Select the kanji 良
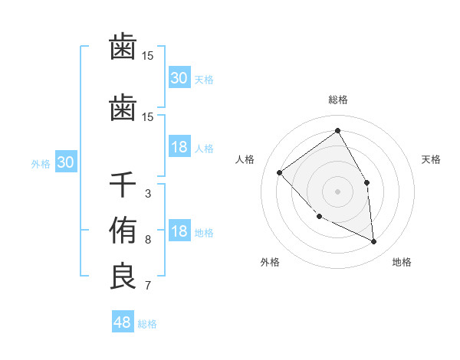[x=123, y=277]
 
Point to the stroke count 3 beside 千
[x=147, y=194]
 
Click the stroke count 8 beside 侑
[x=147, y=240]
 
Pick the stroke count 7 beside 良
[x=147, y=286]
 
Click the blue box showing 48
[x=123, y=322]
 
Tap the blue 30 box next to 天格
[x=179, y=78]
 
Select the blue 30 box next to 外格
[x=65, y=162]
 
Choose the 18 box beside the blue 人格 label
[x=179, y=147]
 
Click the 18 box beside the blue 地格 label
[x=179, y=232]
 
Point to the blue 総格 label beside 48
[x=147, y=324]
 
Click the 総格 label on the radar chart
[x=338, y=100]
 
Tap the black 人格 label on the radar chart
[x=245, y=159]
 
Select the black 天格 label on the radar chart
[x=431, y=159]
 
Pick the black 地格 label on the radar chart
[x=402, y=262]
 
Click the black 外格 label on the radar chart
[x=270, y=262]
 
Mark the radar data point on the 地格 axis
[x=373, y=241]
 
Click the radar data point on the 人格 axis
[x=280, y=172]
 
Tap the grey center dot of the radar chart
[x=337, y=191]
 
